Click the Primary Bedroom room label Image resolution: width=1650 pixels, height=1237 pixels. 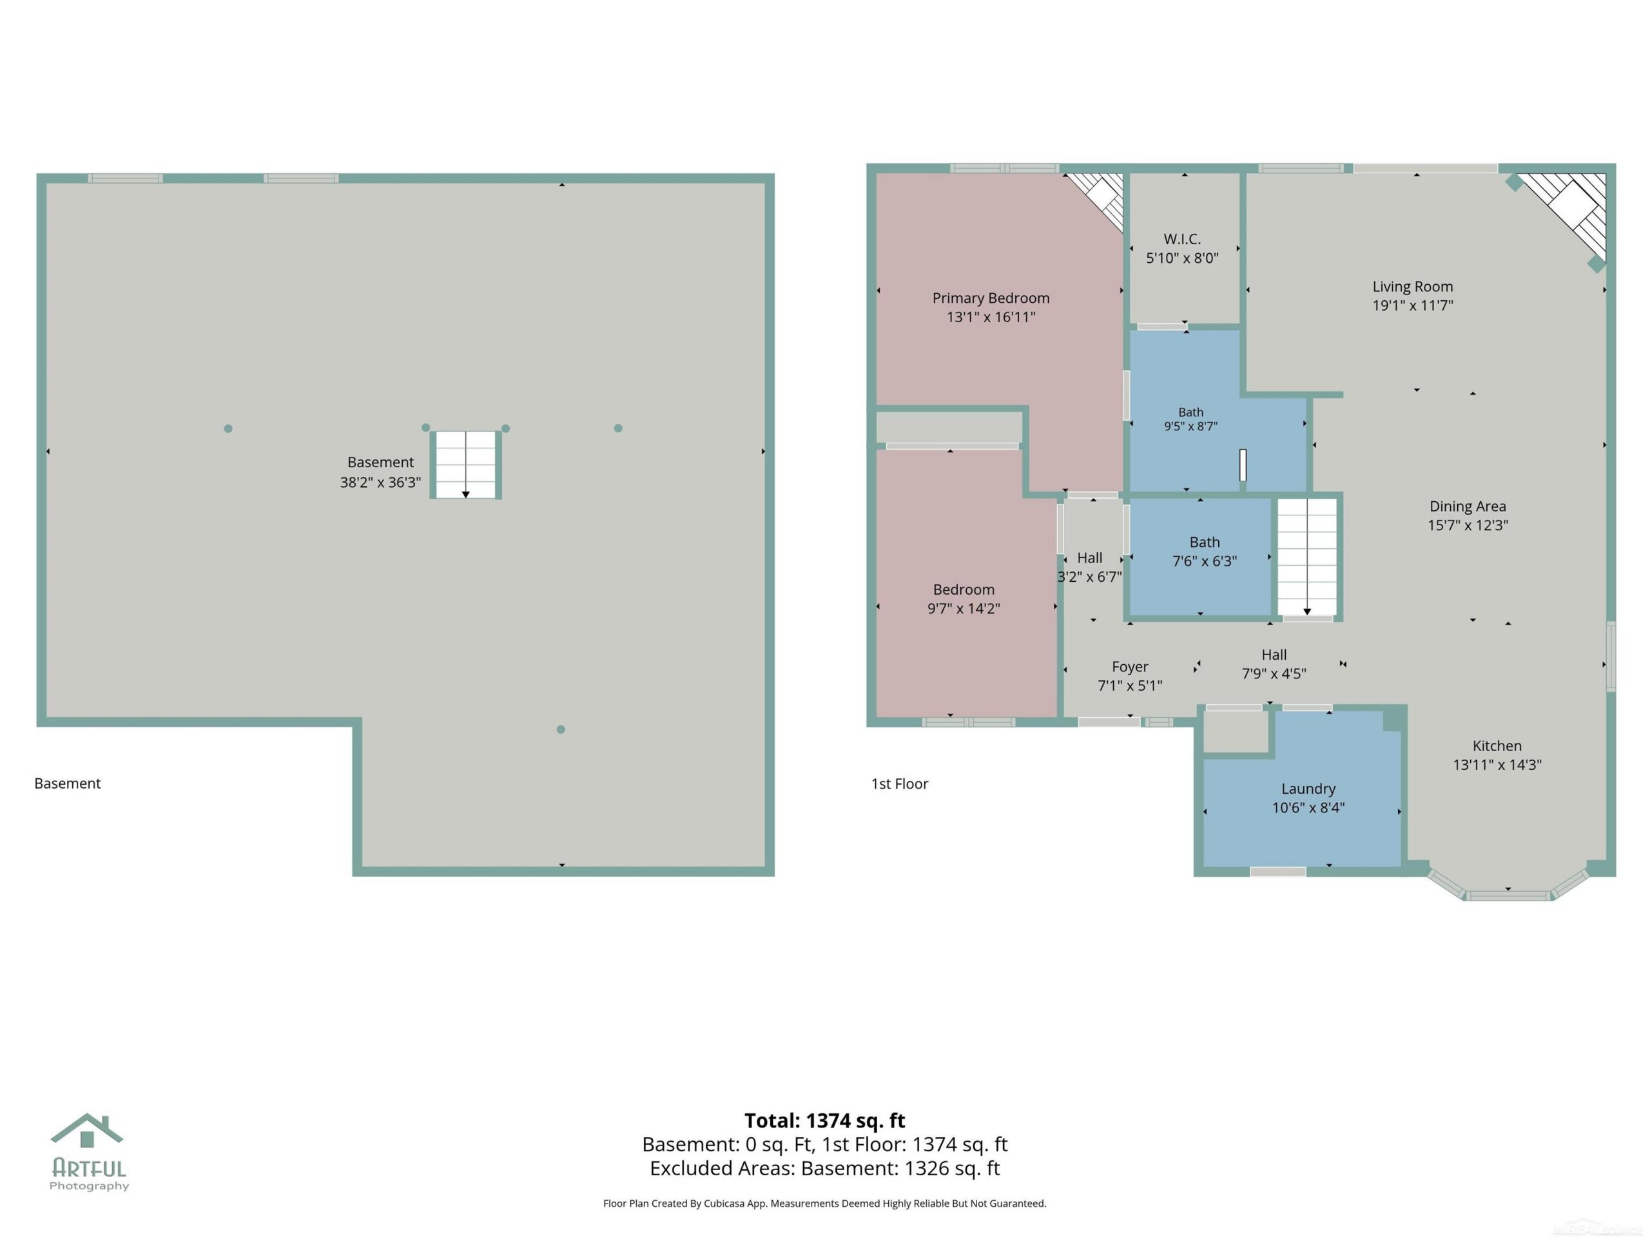coord(991,298)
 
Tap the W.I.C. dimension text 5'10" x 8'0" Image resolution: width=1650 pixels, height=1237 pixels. coord(1182,258)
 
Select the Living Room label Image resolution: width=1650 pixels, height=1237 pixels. coord(1413,286)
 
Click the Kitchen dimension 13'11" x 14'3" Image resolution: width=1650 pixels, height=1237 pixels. coord(1497,764)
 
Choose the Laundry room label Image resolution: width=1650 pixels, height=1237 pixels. coord(1308,789)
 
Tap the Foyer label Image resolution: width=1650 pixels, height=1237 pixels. coord(1130,667)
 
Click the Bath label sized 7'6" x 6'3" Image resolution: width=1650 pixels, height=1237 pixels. coord(1205,542)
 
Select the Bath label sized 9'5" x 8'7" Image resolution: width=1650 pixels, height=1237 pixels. coord(1190,412)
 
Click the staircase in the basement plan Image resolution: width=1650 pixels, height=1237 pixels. coord(465,465)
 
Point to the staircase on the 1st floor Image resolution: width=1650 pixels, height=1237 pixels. coord(1307,558)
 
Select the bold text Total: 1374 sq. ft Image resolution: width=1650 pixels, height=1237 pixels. coord(825,1120)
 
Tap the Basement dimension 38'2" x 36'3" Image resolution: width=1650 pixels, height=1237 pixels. coord(380,483)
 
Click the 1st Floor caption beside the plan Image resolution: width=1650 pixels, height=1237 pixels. coord(900,783)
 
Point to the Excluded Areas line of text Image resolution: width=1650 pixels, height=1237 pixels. coord(825,1169)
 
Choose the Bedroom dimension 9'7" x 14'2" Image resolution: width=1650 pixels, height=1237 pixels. coord(964,608)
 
